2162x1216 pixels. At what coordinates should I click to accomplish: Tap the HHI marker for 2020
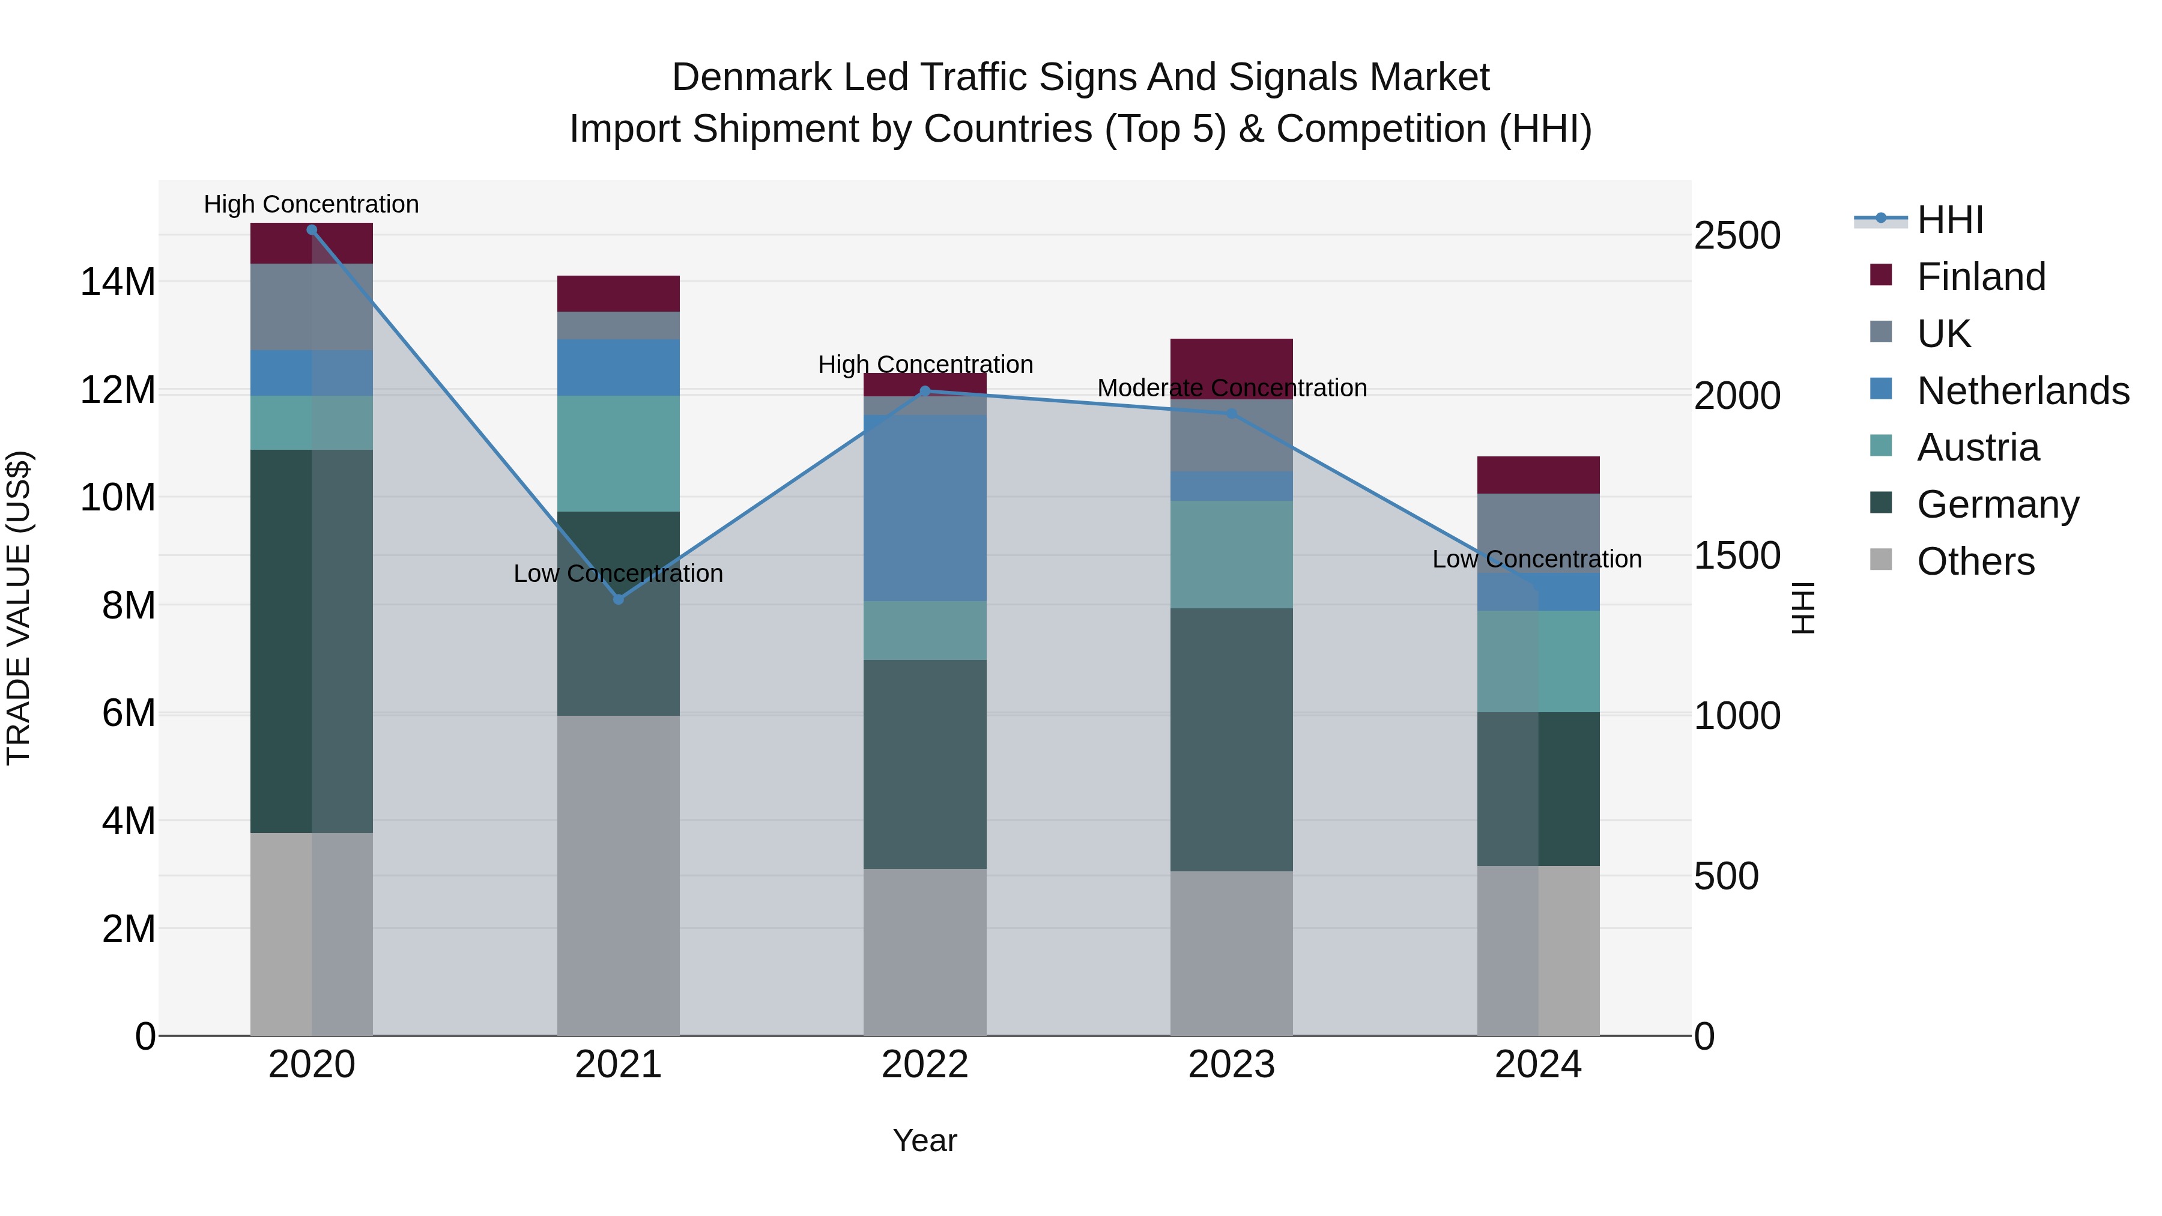point(311,230)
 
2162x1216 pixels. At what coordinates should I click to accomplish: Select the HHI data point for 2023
point(1231,414)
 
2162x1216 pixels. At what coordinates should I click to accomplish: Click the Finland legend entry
point(1981,277)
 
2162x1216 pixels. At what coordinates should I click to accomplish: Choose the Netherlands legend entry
point(2023,391)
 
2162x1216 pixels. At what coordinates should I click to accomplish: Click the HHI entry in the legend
point(1949,220)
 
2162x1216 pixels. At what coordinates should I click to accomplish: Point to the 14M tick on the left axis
point(118,282)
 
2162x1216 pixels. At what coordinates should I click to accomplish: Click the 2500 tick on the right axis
point(1736,236)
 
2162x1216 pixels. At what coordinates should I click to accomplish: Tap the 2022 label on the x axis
point(925,1065)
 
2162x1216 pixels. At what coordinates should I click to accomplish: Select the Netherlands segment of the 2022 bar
point(925,507)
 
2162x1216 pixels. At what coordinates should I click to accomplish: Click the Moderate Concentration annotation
point(1231,389)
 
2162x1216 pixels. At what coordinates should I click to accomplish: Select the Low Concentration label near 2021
point(619,574)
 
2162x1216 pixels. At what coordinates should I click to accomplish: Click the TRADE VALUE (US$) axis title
point(19,608)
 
